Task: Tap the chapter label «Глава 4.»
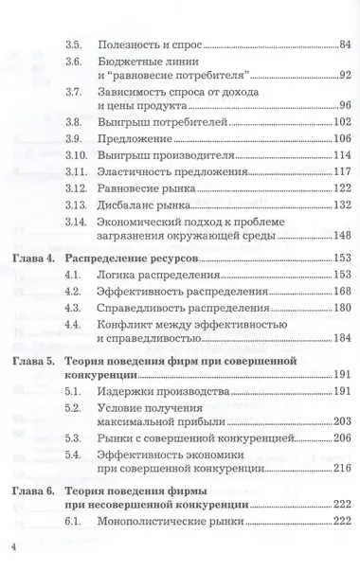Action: click(x=34, y=259)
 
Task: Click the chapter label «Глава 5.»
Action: click(x=34, y=361)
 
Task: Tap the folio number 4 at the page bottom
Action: click(x=13, y=547)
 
